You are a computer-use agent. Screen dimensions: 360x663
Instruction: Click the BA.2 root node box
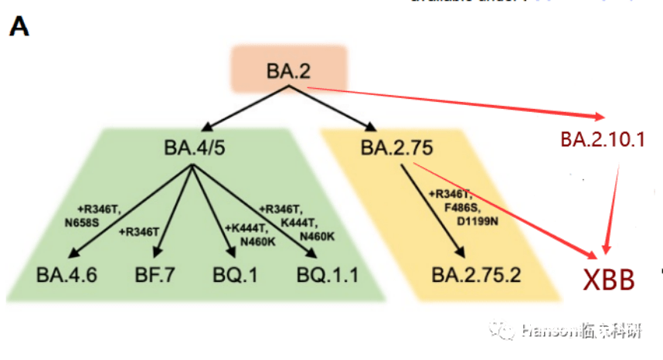click(288, 70)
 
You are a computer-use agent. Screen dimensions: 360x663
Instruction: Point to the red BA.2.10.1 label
click(602, 140)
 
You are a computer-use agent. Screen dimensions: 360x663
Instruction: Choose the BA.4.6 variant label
click(66, 274)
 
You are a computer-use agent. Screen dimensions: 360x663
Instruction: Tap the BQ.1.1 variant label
click(328, 274)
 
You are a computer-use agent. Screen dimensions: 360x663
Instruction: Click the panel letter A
click(19, 27)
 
